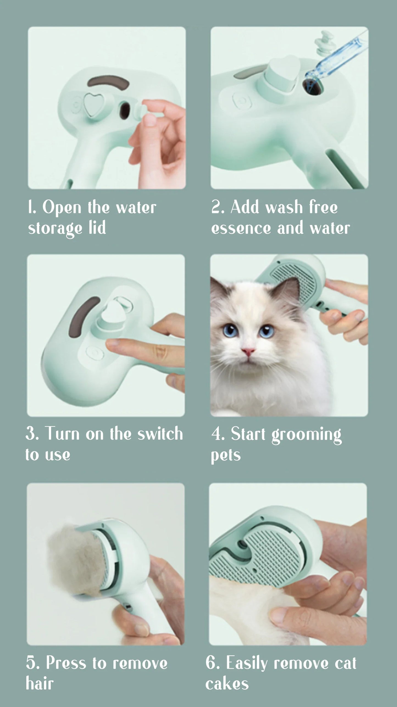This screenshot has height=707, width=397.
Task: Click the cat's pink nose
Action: pos(248,351)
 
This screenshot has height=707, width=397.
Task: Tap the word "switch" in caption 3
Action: pos(160,434)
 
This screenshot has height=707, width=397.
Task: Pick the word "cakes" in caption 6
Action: pos(227,684)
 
